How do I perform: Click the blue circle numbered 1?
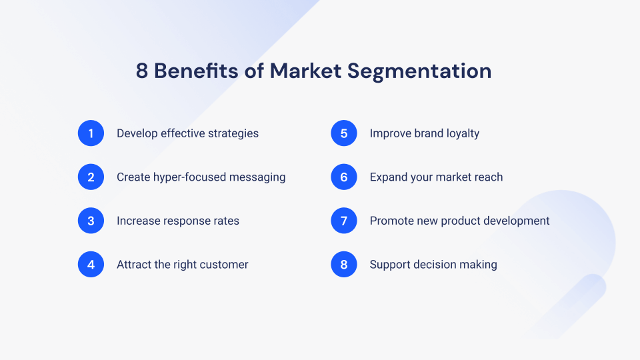[91, 133]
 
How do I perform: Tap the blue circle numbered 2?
[91, 177]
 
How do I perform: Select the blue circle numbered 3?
[91, 221]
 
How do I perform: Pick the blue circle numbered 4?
[91, 264]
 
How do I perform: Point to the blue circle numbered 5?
[344, 133]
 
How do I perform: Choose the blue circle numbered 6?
[344, 177]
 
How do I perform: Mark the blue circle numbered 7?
[344, 221]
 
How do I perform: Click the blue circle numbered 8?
[344, 264]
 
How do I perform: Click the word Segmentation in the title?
[419, 72]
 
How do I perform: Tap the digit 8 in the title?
[141, 71]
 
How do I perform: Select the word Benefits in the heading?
[196, 71]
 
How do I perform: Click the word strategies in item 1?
[233, 133]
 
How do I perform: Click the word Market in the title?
[306, 71]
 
